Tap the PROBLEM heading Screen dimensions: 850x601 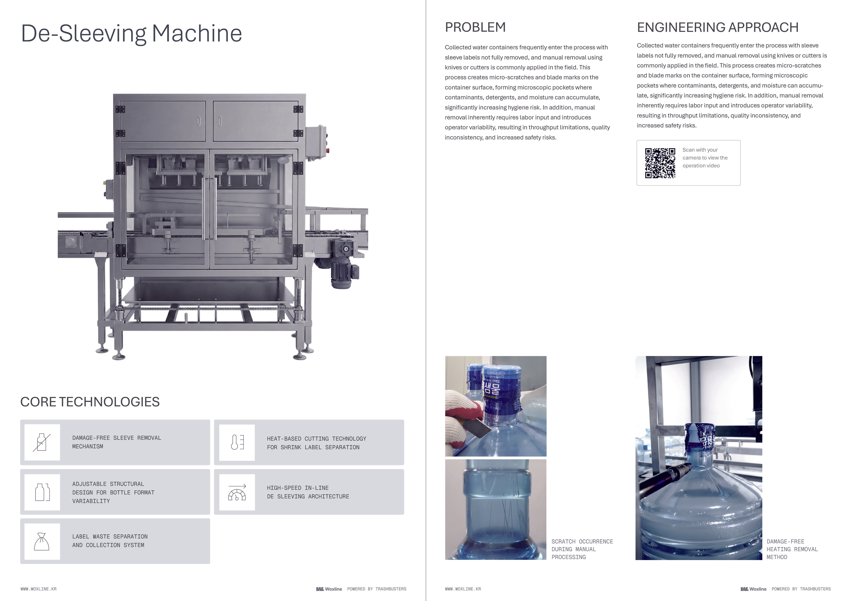pos(475,27)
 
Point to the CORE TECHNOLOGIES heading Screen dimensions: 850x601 pos(90,402)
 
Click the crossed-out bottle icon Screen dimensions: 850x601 pos(42,442)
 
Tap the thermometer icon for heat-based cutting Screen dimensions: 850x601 pos(237,442)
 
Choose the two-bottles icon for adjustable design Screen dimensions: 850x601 pos(42,492)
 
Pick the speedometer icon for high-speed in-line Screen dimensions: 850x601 pos(237,492)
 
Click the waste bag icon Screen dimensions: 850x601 pos(42,541)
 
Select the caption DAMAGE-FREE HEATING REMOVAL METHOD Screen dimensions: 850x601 pos(792,549)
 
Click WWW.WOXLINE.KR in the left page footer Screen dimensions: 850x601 pos(39,589)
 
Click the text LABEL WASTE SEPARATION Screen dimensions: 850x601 pos(110,537)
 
